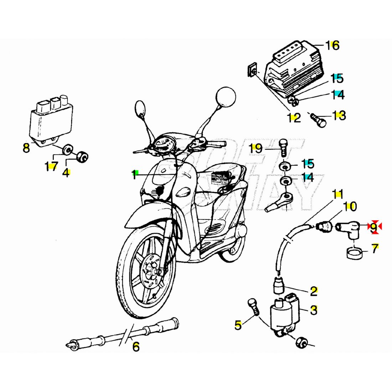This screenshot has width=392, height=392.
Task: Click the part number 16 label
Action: click(x=332, y=46)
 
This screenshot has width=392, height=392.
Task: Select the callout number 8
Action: click(x=26, y=148)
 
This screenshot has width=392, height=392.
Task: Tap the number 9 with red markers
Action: click(x=373, y=227)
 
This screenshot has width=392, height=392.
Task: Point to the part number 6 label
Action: click(x=136, y=347)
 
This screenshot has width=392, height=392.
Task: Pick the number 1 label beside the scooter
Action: click(x=134, y=175)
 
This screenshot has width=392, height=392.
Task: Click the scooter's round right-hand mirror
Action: click(x=226, y=97)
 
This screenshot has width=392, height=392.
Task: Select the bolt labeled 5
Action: click(x=253, y=307)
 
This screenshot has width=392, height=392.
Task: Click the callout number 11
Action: click(x=338, y=194)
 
